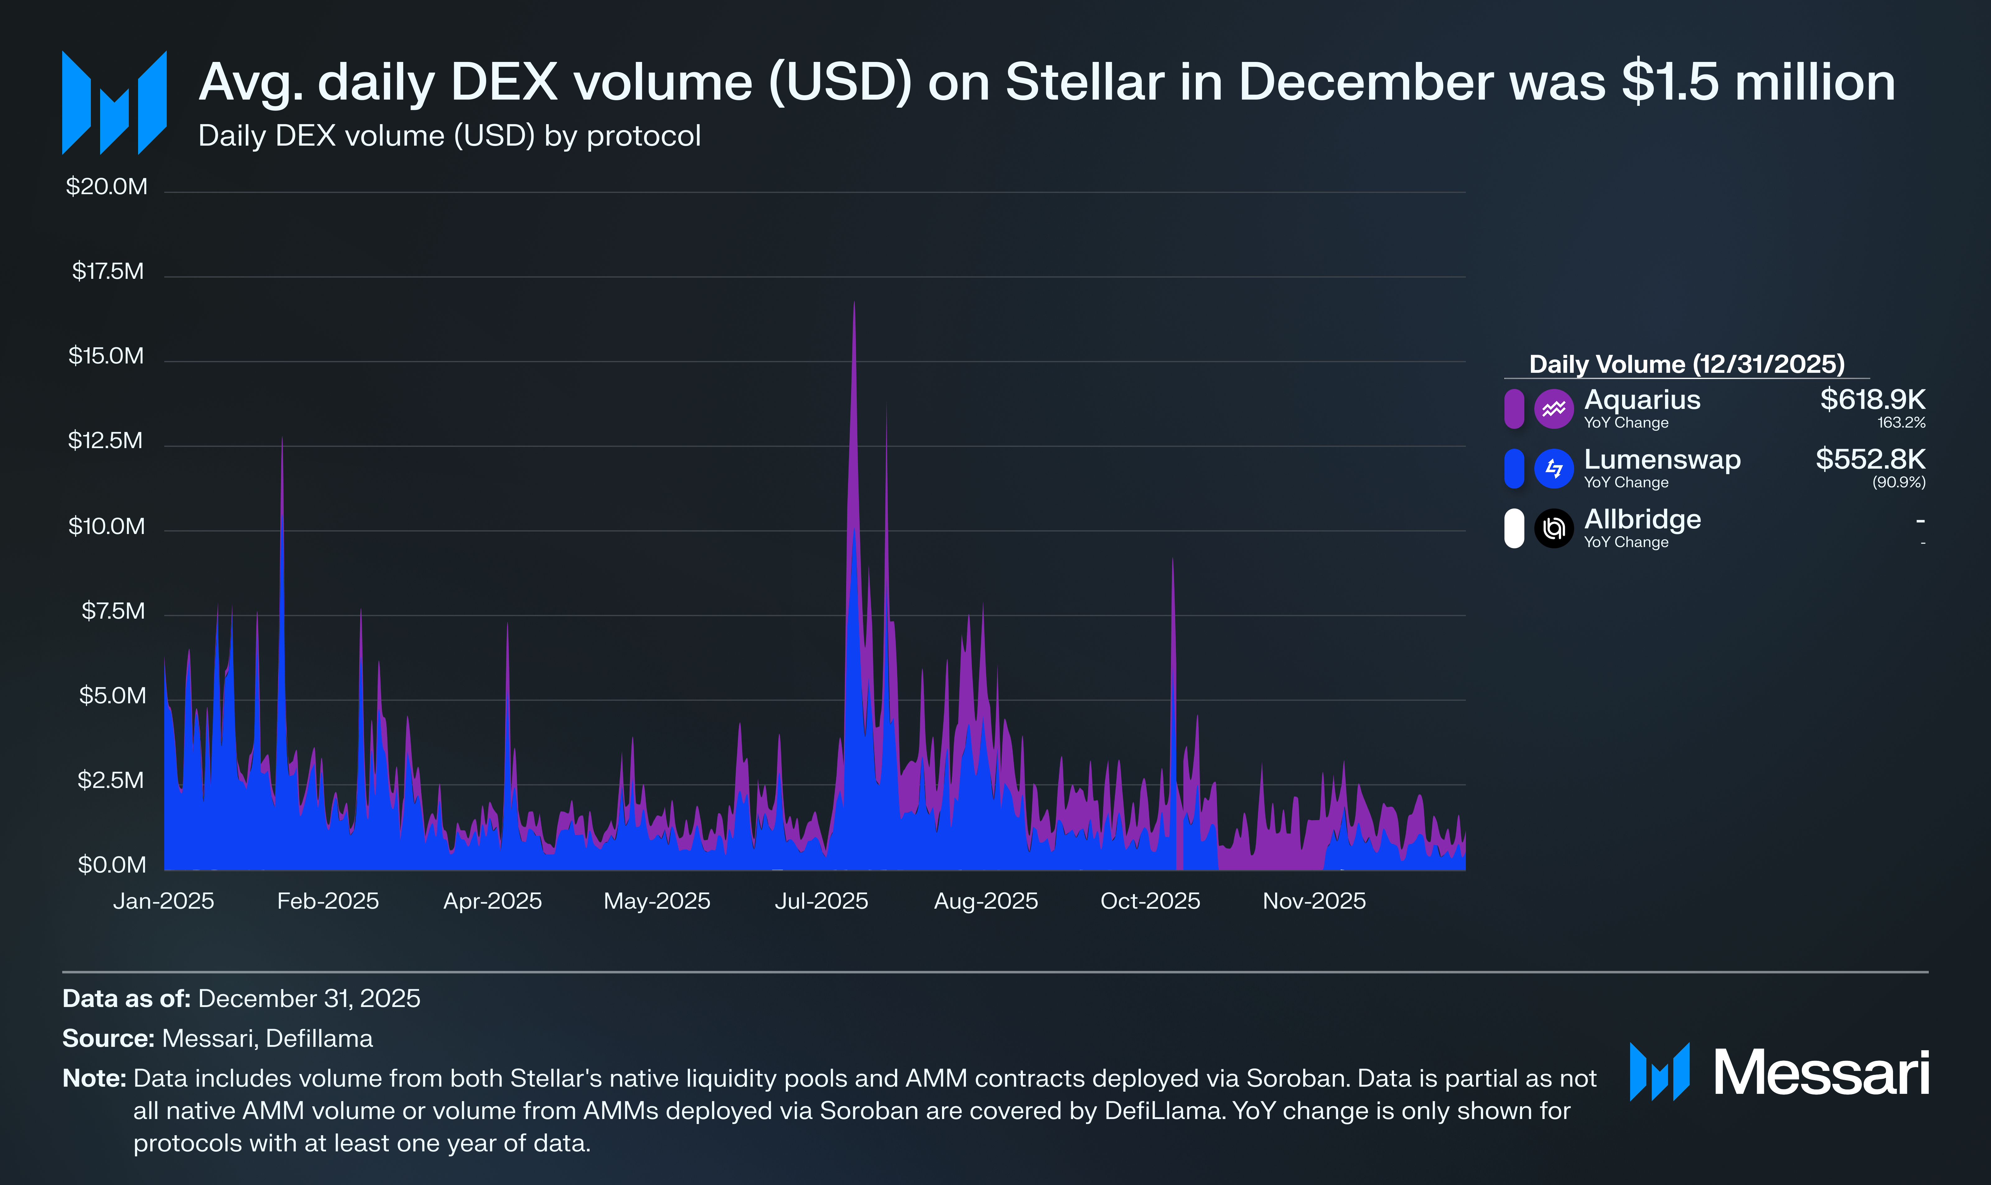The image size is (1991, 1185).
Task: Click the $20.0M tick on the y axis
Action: tap(106, 187)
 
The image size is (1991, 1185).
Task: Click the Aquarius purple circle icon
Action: tap(1554, 409)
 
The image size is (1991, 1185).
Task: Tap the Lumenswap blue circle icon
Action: tap(1554, 469)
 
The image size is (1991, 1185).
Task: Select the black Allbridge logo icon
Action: tap(1554, 529)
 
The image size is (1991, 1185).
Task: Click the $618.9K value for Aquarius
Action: tap(1872, 399)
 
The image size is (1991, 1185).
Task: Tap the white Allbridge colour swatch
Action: tap(1513, 529)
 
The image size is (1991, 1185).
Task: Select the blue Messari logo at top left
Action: tap(114, 103)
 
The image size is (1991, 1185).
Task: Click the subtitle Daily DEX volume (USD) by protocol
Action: tap(449, 136)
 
